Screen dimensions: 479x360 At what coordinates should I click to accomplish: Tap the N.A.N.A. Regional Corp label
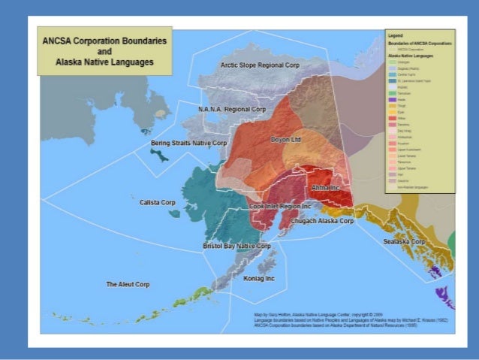pos(232,110)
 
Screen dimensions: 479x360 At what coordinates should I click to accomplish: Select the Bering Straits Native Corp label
pos(188,142)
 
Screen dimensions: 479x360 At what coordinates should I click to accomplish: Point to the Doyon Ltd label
pos(285,140)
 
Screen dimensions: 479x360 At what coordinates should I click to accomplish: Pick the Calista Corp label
pos(157,202)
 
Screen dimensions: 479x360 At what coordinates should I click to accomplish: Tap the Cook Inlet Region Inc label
pos(280,206)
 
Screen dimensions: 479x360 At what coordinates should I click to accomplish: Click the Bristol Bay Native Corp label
pos(237,246)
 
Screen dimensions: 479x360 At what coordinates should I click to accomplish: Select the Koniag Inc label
pos(260,279)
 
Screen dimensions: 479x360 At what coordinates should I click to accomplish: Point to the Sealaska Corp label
pos(404,242)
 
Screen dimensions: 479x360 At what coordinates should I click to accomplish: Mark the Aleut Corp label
pos(128,284)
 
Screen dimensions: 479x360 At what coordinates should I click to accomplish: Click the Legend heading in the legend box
pos(395,35)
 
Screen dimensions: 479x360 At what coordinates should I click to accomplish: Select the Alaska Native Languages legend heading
pos(409,56)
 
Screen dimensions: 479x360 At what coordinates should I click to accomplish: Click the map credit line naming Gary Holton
pos(308,312)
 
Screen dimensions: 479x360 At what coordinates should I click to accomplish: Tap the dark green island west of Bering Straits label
pos(158,154)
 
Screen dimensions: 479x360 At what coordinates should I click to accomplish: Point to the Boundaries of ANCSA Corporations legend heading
pos(416,42)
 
